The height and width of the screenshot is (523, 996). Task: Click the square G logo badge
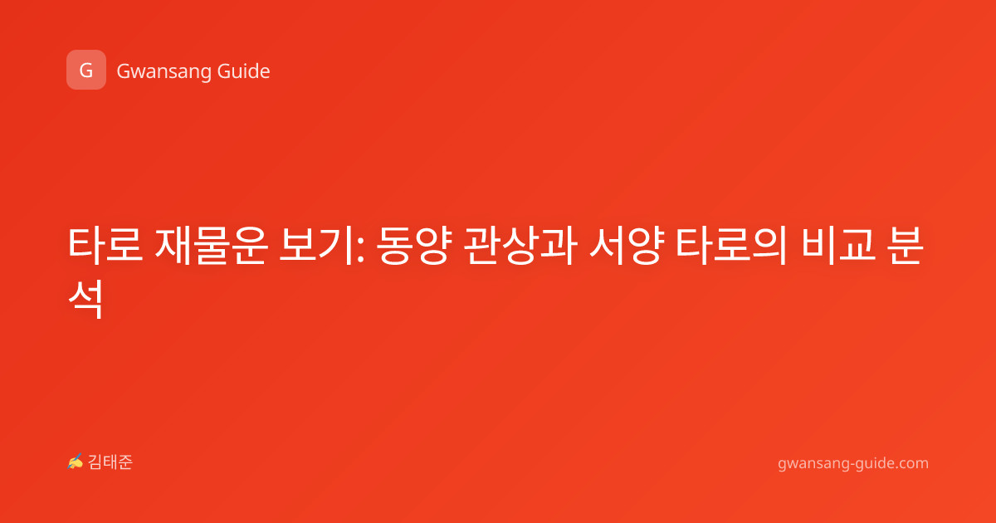pyautogui.click(x=86, y=70)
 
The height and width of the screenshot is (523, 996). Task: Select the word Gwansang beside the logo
pyautogui.click(x=164, y=71)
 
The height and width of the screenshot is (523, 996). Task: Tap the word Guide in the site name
pyautogui.click(x=244, y=71)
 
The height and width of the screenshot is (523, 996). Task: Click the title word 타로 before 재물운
pyautogui.click(x=105, y=245)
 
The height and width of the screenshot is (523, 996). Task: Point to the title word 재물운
pyautogui.click(x=211, y=246)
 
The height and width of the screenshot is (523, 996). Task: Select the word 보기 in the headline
pyautogui.click(x=315, y=246)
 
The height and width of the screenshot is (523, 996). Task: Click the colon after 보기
pyautogui.click(x=360, y=251)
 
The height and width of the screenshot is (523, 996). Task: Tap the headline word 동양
pyautogui.click(x=414, y=246)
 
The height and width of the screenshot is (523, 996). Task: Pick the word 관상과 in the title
pyautogui.click(x=520, y=246)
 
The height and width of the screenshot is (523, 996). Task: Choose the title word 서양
pyautogui.click(x=627, y=246)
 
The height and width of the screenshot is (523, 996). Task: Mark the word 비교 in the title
pyautogui.click(x=838, y=246)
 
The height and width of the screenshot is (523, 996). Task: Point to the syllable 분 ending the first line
pyautogui.click(x=905, y=246)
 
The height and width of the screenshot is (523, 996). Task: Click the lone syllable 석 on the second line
pyautogui.click(x=85, y=299)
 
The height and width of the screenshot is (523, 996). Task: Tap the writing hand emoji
pyautogui.click(x=76, y=462)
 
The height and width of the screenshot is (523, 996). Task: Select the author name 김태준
pyautogui.click(x=110, y=462)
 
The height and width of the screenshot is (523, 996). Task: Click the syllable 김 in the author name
pyautogui.click(x=95, y=462)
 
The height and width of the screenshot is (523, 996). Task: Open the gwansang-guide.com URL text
pyautogui.click(x=853, y=463)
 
